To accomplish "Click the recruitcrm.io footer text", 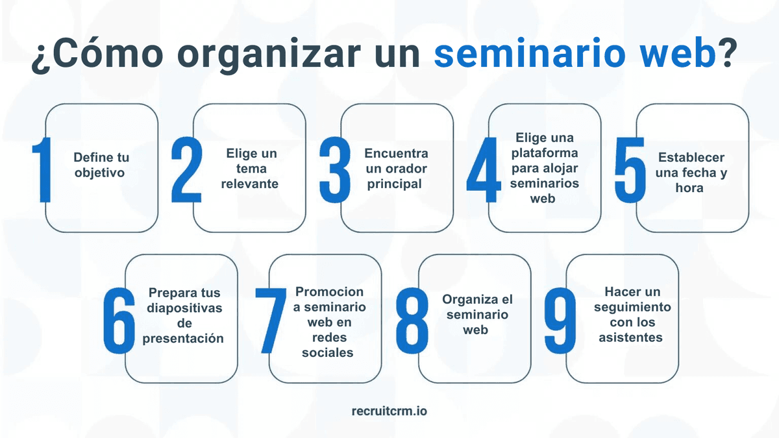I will (x=389, y=411).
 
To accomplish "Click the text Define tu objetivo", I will (x=101, y=165).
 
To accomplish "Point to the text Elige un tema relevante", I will (x=251, y=169).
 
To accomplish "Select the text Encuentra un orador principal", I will (x=395, y=169).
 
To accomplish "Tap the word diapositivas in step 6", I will (x=184, y=308).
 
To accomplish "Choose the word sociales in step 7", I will (x=332, y=353).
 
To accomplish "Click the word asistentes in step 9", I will (x=631, y=337).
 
